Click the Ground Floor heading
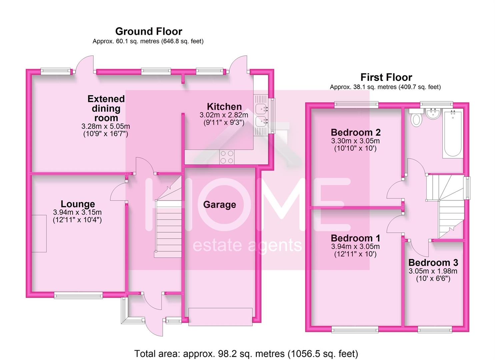[x=149, y=31]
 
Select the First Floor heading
[x=386, y=77]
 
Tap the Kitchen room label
[x=224, y=107]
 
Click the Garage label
[x=219, y=205]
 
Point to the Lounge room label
[x=78, y=204]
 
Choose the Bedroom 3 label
[x=433, y=263]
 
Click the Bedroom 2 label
[x=356, y=132]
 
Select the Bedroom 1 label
[x=355, y=238]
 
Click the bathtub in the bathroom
[x=452, y=134]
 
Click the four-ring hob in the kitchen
[x=227, y=157]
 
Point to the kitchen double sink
[x=261, y=115]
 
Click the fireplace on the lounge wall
[x=39, y=233]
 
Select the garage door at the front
[x=220, y=316]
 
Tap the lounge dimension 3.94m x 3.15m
[x=77, y=213]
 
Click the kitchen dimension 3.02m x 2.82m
[x=224, y=115]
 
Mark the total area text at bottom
[x=246, y=354]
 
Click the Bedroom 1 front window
[x=355, y=330]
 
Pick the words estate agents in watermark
[x=247, y=246]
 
